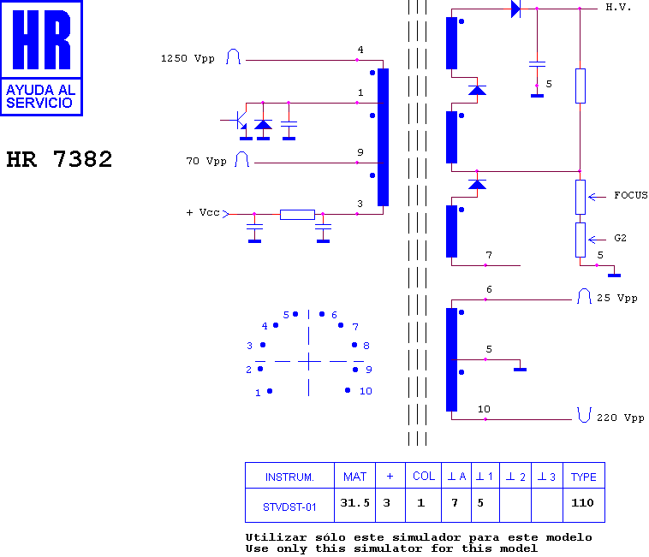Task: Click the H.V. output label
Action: [618, 7]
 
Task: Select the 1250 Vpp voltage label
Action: [188, 58]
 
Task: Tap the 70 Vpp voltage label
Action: [206, 161]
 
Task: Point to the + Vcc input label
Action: [203, 212]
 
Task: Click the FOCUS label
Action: [631, 195]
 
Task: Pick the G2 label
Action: [620, 238]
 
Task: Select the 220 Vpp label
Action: [621, 418]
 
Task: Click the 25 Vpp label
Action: [616, 298]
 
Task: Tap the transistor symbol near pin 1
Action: [239, 121]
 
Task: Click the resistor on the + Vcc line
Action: [297, 215]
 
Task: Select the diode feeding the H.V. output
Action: [515, 9]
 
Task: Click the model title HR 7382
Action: [59, 159]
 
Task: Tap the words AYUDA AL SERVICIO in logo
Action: [41, 97]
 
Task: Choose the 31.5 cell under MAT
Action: [354, 503]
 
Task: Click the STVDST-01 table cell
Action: [289, 507]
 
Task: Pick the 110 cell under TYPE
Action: [582, 503]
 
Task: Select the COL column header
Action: [424, 477]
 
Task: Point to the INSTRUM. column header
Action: [289, 477]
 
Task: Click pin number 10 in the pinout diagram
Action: [366, 391]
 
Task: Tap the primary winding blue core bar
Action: [383, 137]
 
